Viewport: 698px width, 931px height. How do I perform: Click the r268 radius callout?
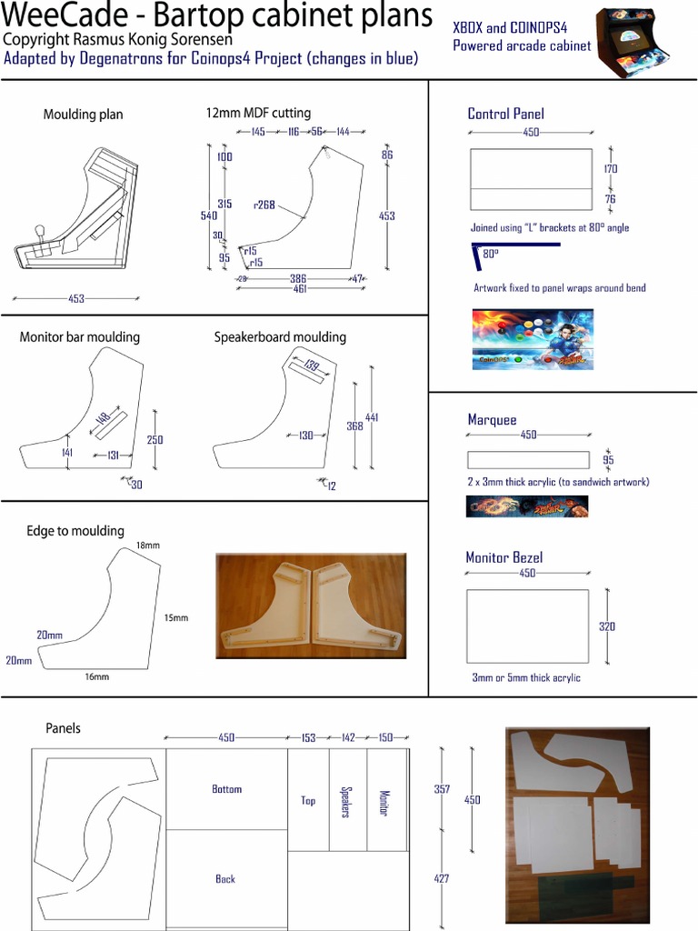pyautogui.click(x=264, y=205)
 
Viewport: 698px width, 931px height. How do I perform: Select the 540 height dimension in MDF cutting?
pyautogui.click(x=208, y=215)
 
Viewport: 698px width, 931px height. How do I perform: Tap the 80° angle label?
pyautogui.click(x=491, y=255)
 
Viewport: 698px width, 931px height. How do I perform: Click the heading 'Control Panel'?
pyautogui.click(x=505, y=114)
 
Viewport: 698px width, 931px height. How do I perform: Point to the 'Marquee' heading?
pyautogui.click(x=492, y=419)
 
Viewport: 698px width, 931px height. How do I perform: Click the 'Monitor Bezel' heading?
pyautogui.click(x=504, y=557)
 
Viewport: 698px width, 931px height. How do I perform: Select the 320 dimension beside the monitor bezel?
pyautogui.click(x=607, y=626)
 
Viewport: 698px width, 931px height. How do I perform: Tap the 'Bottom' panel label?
pyautogui.click(x=226, y=789)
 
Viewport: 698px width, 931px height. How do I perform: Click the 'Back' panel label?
pyautogui.click(x=225, y=879)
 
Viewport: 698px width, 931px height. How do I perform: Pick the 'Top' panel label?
pyautogui.click(x=308, y=801)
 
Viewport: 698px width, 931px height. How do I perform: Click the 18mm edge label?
pyautogui.click(x=147, y=546)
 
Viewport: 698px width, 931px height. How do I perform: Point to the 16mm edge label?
pyautogui.click(x=96, y=676)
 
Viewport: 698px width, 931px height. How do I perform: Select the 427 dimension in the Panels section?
pyautogui.click(x=442, y=879)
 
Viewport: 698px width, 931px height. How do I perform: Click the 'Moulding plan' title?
pyautogui.click(x=83, y=115)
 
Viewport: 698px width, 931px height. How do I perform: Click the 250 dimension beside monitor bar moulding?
pyautogui.click(x=155, y=440)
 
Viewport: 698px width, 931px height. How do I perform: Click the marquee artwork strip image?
pyautogui.click(x=527, y=506)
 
